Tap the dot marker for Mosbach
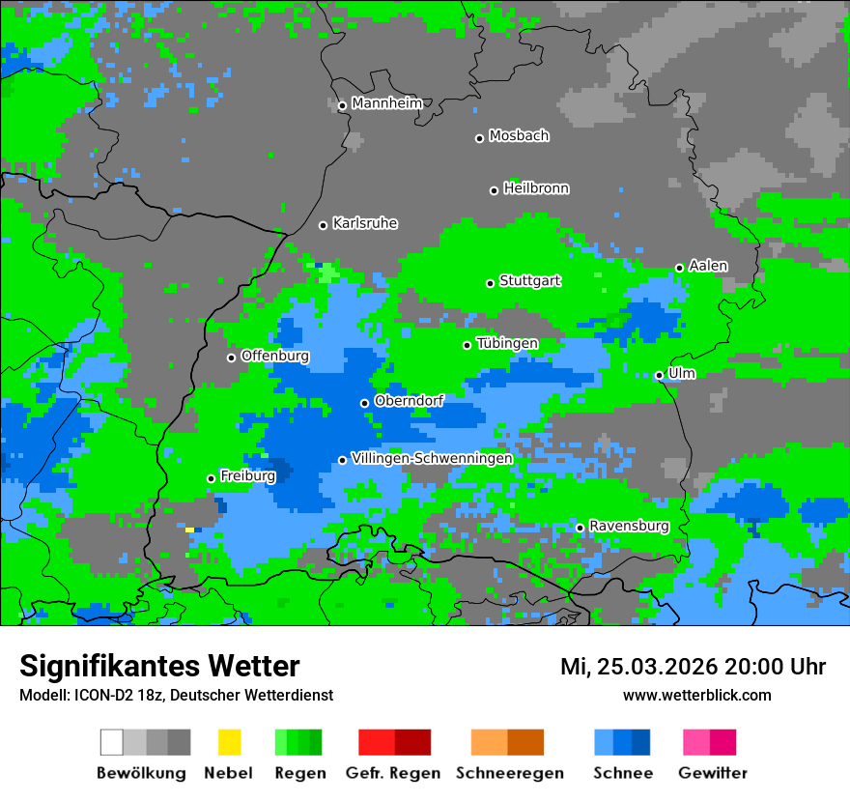coord(479,138)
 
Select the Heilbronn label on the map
coord(536,188)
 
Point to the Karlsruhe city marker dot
coord(324,225)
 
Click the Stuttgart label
coord(530,281)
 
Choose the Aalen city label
coord(708,266)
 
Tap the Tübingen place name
coord(507,343)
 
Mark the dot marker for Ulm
coord(659,375)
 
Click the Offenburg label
coord(275,356)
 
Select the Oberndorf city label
coord(409,400)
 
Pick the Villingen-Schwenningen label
coord(432,458)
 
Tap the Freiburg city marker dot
coord(211,478)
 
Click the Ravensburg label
coord(629,526)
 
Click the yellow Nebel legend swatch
coord(229,742)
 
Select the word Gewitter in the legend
coord(712,773)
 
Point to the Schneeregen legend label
coord(509,773)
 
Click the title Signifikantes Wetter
coord(159,666)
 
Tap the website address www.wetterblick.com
coord(696,695)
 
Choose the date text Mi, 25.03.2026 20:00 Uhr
coord(693,667)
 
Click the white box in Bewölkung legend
coord(112,742)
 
